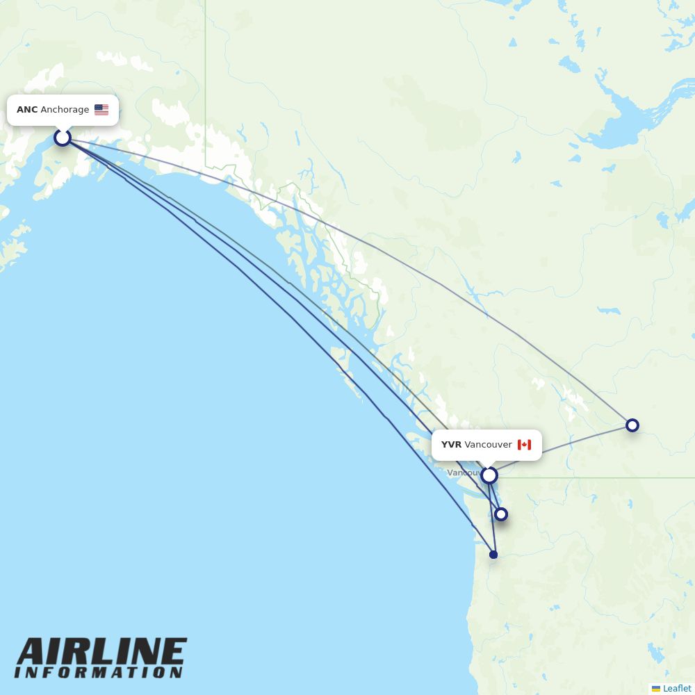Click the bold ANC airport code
click(27, 110)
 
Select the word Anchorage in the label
click(65, 110)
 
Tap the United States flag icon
click(101, 110)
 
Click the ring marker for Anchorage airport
click(63, 138)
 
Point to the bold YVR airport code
click(451, 445)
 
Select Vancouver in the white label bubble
click(488, 445)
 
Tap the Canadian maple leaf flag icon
click(524, 445)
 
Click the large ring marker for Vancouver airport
click(489, 475)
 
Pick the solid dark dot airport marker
click(493, 555)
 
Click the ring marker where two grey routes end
click(632, 425)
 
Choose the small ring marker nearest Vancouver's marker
click(500, 514)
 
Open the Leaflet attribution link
click(677, 688)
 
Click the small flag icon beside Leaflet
click(656, 688)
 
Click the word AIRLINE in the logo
click(101, 653)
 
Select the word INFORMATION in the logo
click(99, 673)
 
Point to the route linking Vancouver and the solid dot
click(492, 518)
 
